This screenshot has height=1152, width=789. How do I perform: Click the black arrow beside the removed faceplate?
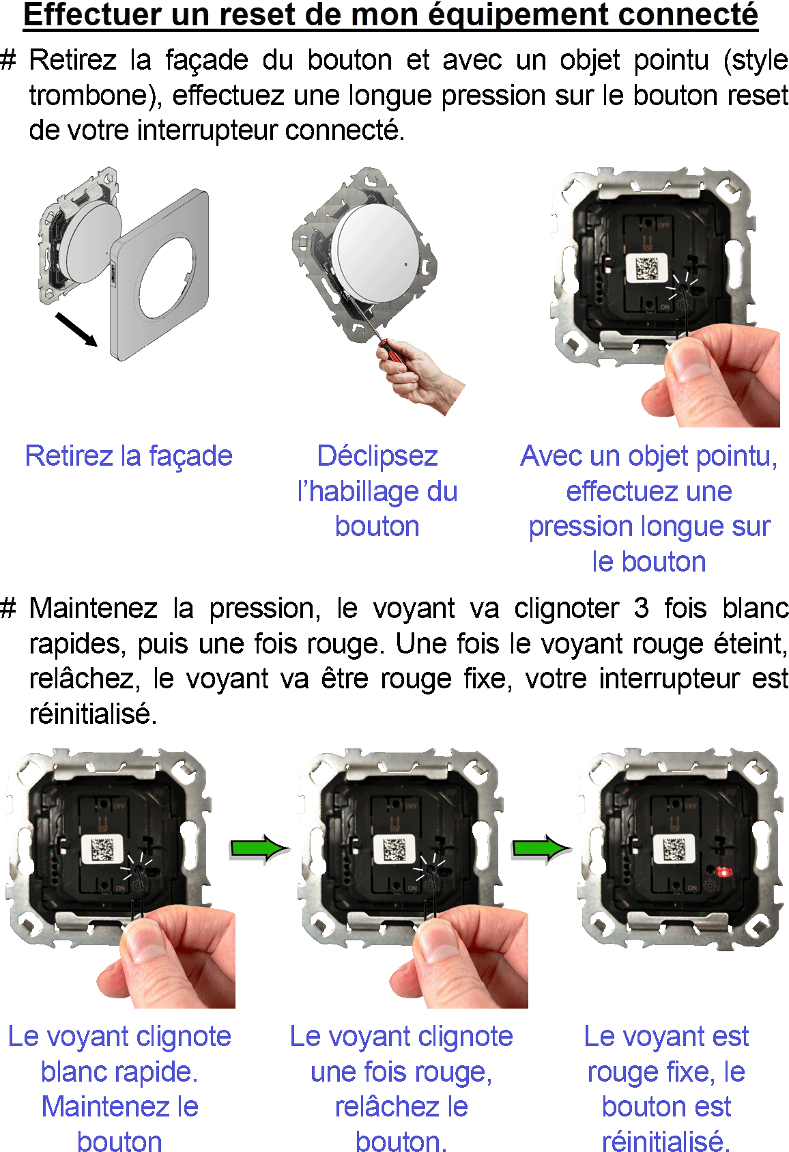(76, 329)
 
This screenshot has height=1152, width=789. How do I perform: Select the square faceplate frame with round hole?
(160, 275)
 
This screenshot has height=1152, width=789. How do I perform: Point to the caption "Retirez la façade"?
(129, 455)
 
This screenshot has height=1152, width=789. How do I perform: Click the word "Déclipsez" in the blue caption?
(377, 456)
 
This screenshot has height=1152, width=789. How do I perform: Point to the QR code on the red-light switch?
(674, 849)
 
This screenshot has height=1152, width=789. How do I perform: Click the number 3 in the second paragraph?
(640, 608)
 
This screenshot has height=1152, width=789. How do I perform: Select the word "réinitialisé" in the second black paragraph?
(93, 714)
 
